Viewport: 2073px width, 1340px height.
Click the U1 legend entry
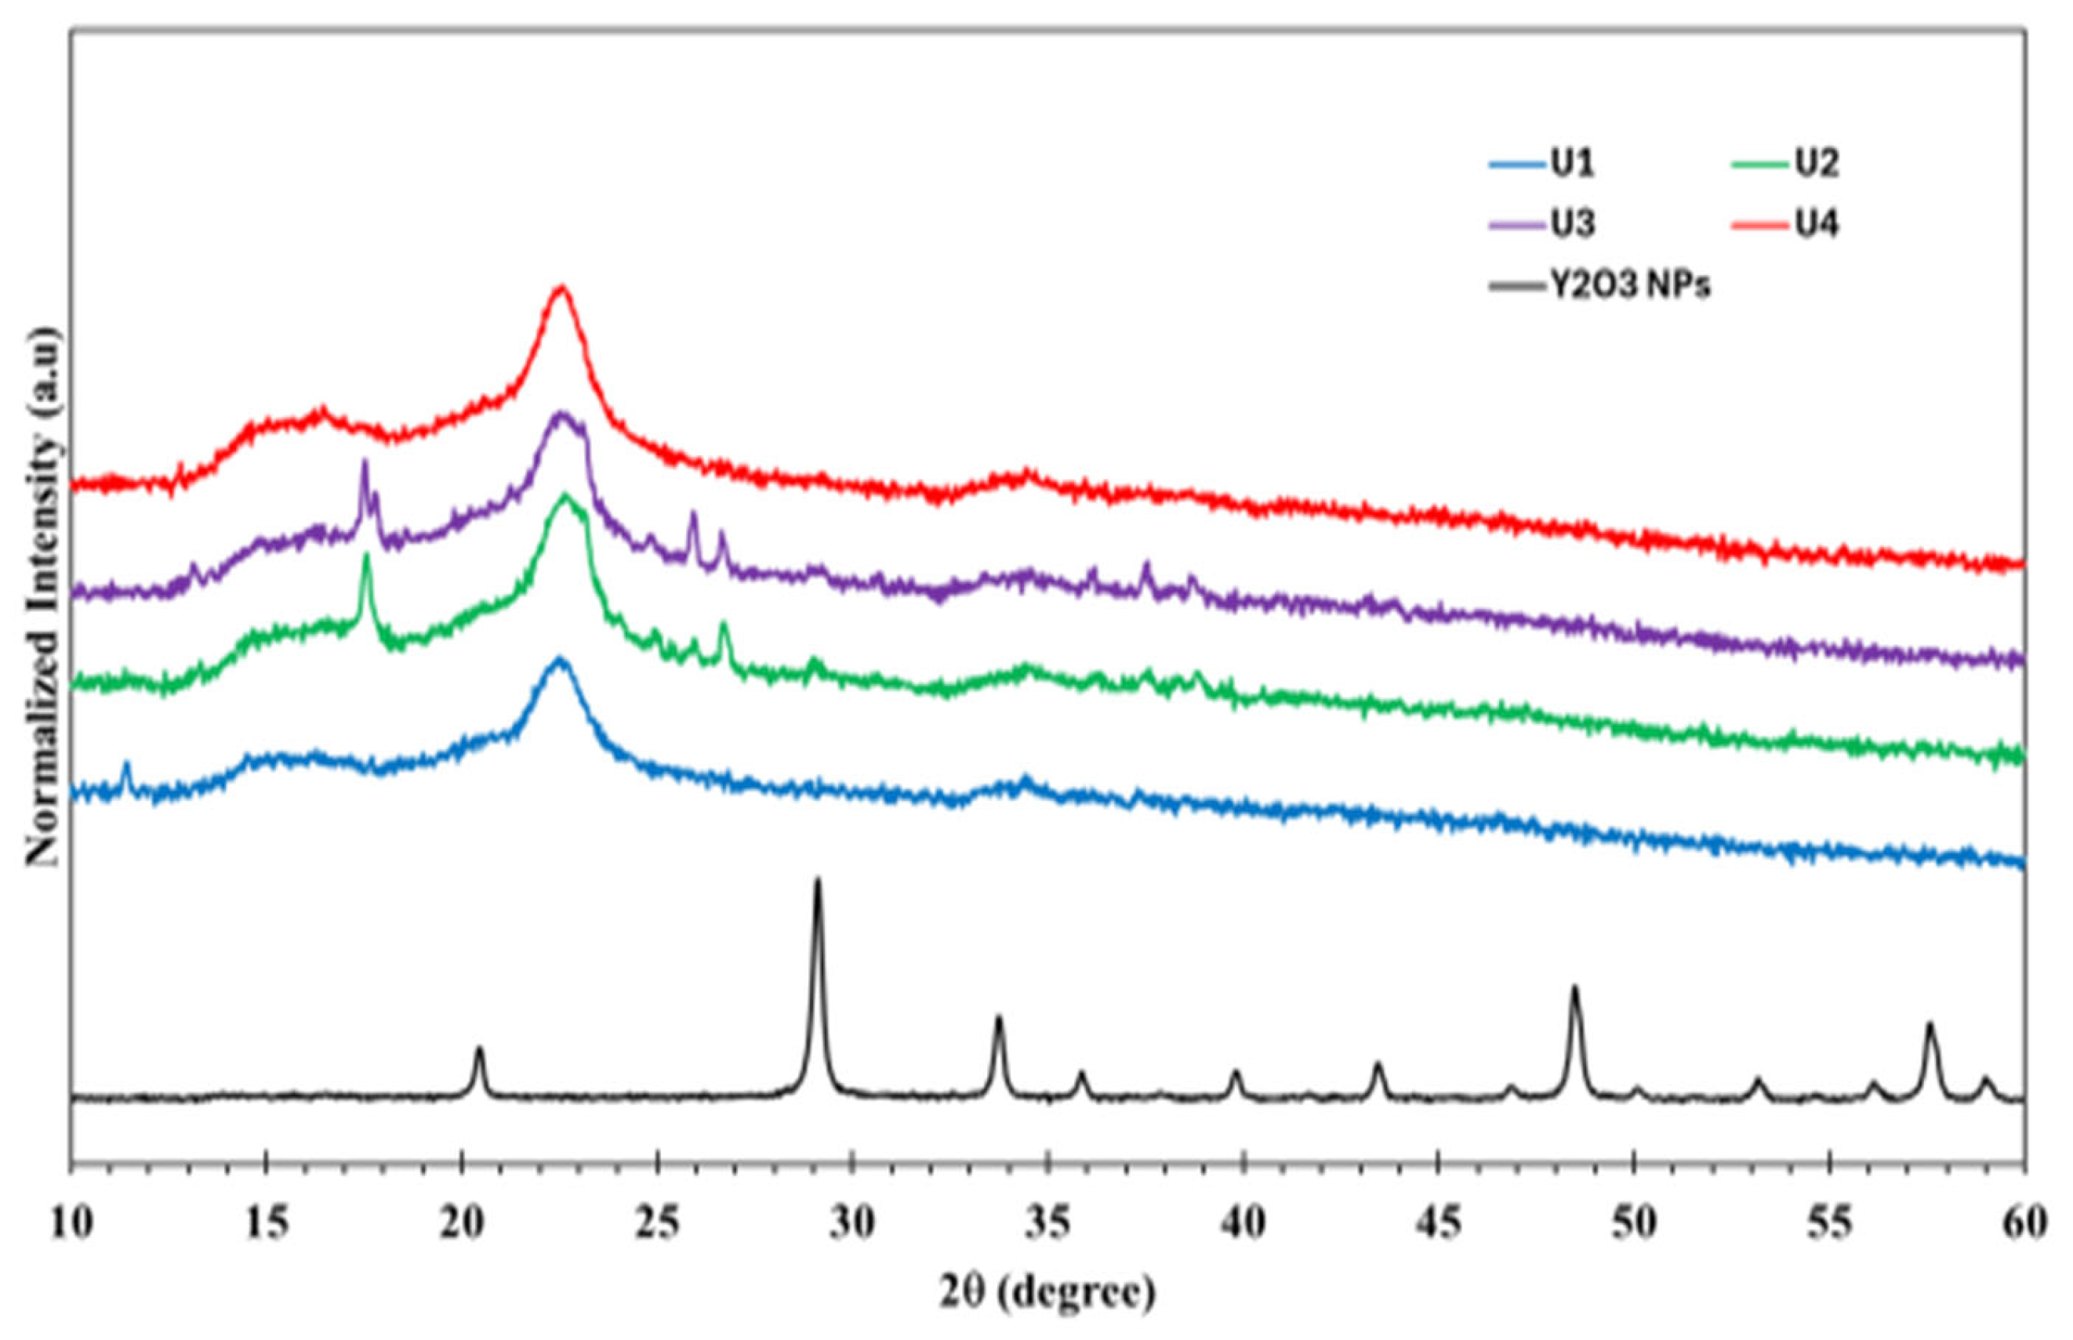pos(1541,164)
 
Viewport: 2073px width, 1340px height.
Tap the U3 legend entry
pos(1541,224)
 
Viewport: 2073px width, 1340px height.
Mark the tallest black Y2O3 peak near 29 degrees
pos(817,882)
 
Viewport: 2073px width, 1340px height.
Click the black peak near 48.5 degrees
pos(1574,987)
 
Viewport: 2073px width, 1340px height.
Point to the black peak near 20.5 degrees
pos(479,1049)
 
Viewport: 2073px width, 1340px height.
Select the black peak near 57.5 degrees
pos(1930,1025)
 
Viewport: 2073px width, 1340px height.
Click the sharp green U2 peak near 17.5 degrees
pos(367,557)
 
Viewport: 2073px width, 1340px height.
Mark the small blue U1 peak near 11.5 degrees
pos(127,765)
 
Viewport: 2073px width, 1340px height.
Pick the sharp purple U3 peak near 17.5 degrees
pos(364,462)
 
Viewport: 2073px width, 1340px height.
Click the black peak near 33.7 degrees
pos(999,1018)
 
